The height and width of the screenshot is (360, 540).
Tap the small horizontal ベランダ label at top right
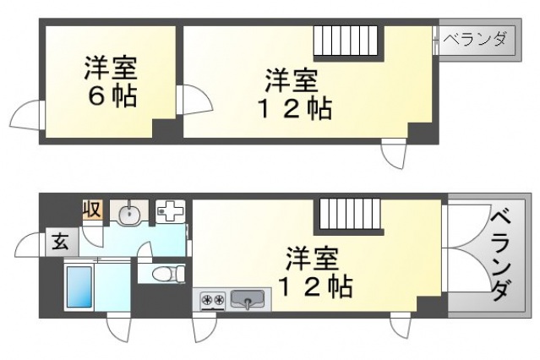(x=477, y=39)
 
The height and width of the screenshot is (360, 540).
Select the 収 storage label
(x=92, y=209)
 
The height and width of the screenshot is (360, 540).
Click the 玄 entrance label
(x=62, y=241)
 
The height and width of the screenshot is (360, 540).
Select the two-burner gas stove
(x=211, y=299)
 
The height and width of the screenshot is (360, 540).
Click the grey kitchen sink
(x=248, y=299)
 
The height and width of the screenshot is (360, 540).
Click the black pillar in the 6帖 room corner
(x=164, y=129)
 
